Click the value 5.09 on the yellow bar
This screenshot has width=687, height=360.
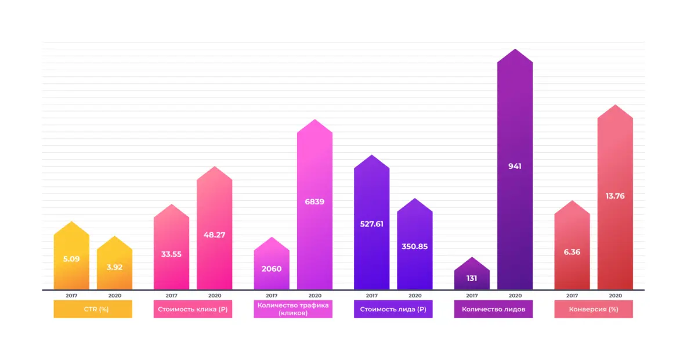(x=71, y=259)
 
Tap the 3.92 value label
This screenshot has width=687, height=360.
(x=114, y=267)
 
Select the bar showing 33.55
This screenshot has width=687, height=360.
(x=171, y=254)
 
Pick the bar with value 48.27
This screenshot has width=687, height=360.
(x=214, y=235)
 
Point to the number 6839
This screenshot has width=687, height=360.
(x=314, y=202)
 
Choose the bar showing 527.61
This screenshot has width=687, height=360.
(x=371, y=224)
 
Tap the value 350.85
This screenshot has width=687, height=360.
(x=414, y=246)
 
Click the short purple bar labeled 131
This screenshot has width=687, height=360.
(x=472, y=278)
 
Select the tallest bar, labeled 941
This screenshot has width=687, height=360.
(x=515, y=166)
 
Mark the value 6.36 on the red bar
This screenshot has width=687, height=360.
(x=572, y=252)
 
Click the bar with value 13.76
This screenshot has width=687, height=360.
(x=615, y=196)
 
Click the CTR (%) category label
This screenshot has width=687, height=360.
(x=93, y=309)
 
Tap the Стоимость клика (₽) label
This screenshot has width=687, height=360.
(x=193, y=309)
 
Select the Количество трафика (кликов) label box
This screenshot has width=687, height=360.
(x=293, y=309)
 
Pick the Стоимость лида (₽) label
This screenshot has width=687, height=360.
(x=393, y=309)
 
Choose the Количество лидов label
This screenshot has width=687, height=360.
(x=493, y=309)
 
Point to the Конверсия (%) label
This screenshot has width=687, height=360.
(x=594, y=309)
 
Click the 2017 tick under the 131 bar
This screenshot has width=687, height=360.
(x=472, y=296)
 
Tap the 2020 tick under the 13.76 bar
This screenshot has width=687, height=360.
(x=615, y=296)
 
